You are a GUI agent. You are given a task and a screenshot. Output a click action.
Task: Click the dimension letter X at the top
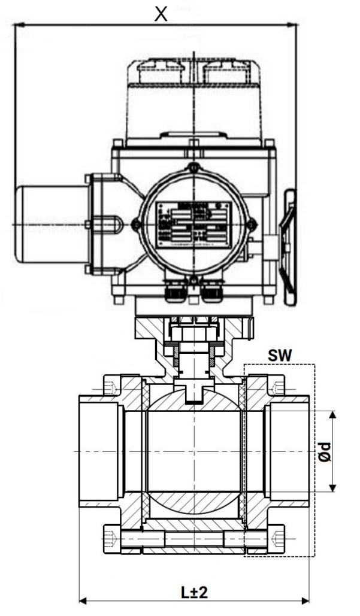coord(160,14)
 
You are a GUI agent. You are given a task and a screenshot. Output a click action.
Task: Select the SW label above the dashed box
coord(279,356)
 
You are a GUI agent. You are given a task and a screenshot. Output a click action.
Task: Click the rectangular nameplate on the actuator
coord(192,224)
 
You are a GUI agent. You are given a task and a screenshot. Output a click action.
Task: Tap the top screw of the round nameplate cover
coord(192,168)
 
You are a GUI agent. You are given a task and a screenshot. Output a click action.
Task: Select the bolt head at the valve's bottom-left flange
coord(110,538)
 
